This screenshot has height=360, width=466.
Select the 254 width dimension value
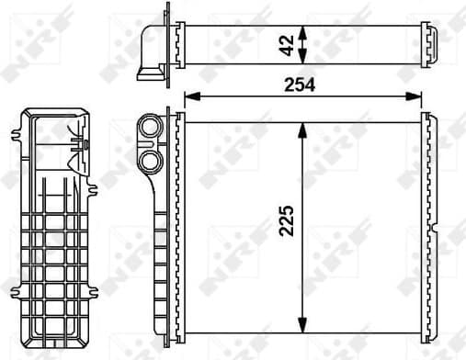pos(299,84)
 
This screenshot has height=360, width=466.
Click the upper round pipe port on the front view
pos(148,127)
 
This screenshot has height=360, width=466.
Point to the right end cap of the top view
pos(430,43)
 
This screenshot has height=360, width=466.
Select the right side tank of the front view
pos(427,224)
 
